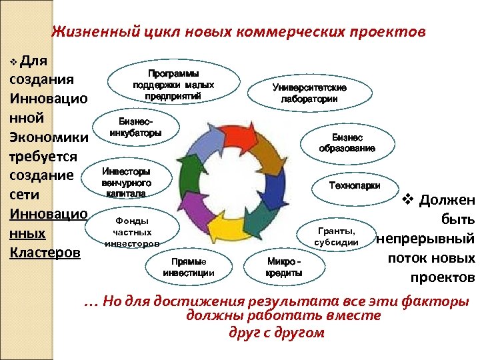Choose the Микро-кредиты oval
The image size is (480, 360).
click(284, 267)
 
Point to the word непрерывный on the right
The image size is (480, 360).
click(425, 238)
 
